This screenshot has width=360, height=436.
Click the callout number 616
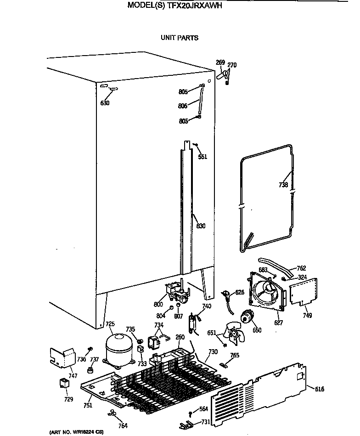(320, 389)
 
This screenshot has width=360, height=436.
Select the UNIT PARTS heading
(180, 38)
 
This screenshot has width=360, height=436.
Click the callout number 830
(201, 226)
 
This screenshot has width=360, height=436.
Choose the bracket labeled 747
(62, 357)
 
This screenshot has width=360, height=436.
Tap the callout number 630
(105, 103)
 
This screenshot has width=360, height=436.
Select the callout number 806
(183, 106)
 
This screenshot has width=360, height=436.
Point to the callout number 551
(202, 157)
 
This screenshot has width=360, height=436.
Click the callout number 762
(301, 268)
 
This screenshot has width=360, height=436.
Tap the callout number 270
(232, 65)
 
